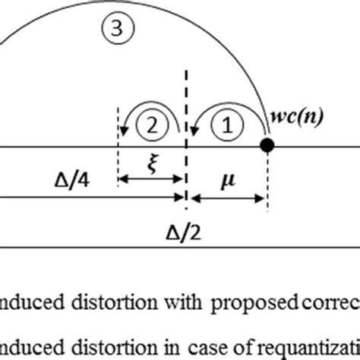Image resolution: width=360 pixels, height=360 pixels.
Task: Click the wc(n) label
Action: tap(296, 118)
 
